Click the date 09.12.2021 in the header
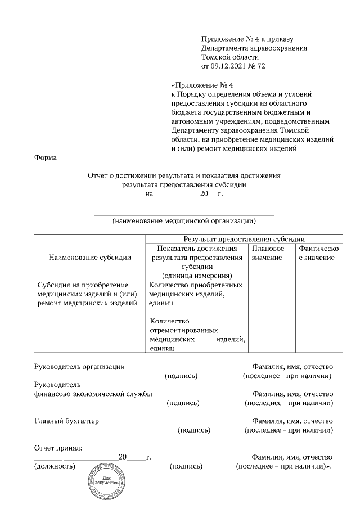click(x=229, y=66)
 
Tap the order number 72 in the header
click(x=260, y=66)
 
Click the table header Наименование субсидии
click(x=90, y=257)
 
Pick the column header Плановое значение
click(x=268, y=253)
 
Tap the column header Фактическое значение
click(x=317, y=253)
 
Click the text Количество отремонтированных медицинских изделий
click(x=196, y=334)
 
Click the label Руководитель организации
click(x=79, y=366)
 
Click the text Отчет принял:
click(x=58, y=448)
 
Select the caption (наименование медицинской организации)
click(x=183, y=221)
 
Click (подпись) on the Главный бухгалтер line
click(x=193, y=430)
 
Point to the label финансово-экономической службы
click(x=93, y=394)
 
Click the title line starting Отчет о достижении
click(x=184, y=175)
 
